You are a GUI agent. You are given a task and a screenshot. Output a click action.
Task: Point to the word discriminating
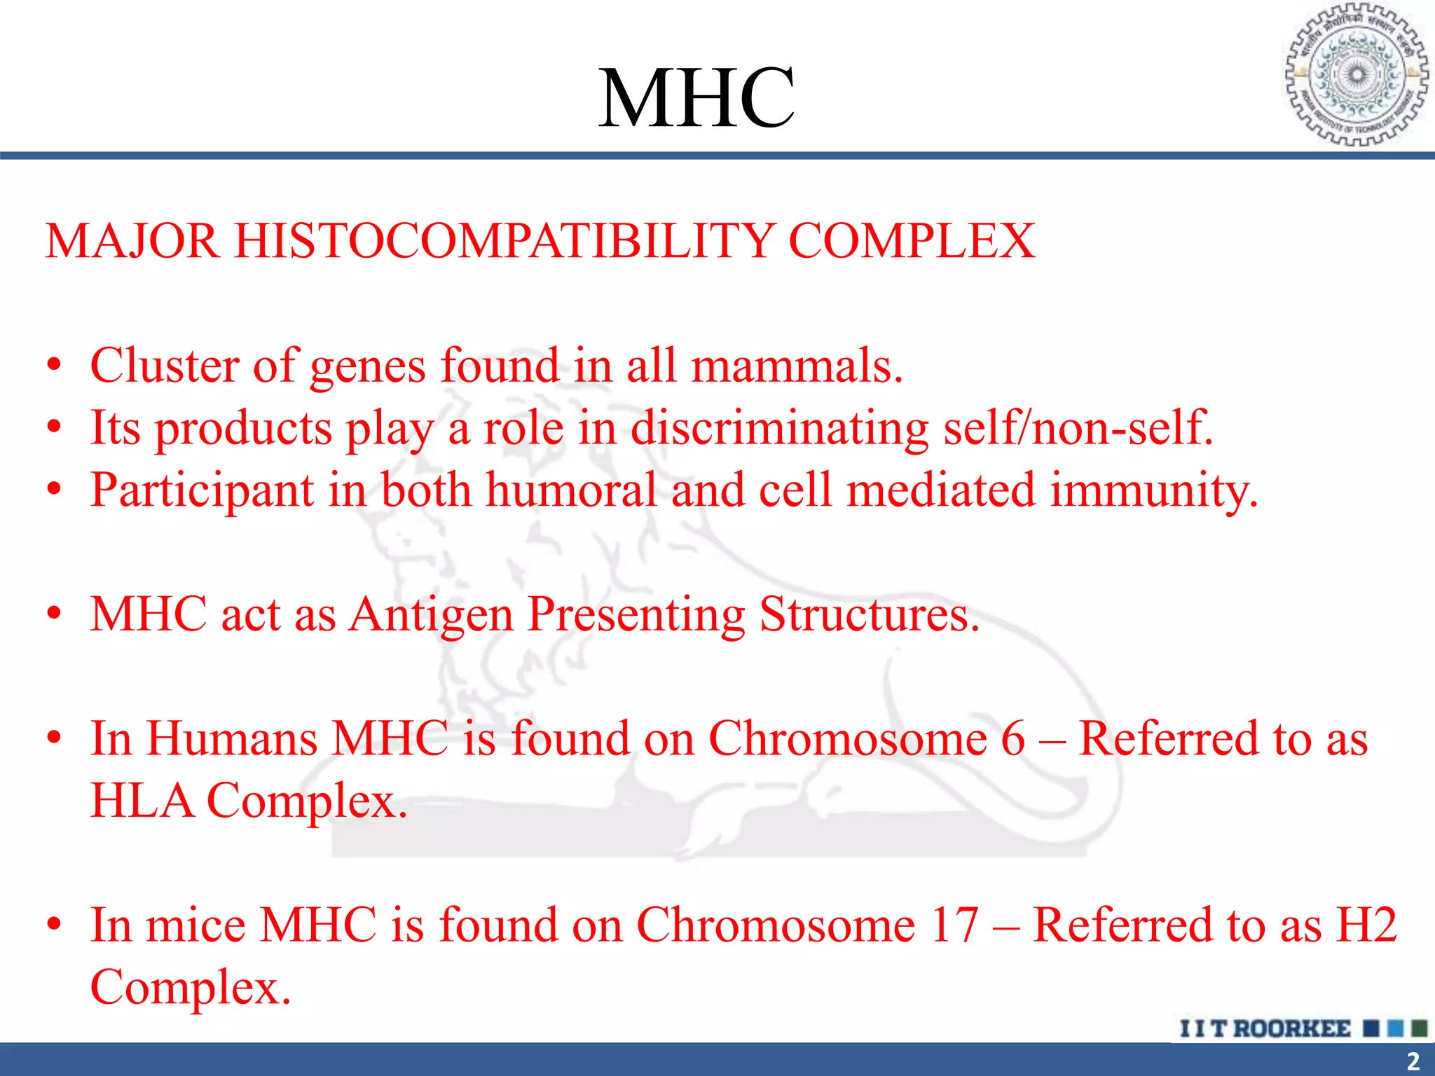pos(779,428)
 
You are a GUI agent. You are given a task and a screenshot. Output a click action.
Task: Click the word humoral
pos(571,490)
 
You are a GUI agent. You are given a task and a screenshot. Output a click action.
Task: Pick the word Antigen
pos(432,614)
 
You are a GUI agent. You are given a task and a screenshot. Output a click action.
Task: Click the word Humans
pos(231,738)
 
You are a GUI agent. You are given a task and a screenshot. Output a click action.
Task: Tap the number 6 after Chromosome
pos(1012,738)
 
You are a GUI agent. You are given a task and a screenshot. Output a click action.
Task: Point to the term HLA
pos(142,801)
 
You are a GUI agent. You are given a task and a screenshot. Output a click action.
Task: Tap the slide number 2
pos(1413,1061)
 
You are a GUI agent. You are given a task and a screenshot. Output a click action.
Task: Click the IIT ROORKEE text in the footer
pos(1265,1028)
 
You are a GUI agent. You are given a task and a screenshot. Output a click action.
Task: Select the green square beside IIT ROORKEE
pos(1419,1028)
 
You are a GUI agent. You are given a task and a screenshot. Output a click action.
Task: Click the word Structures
pos(869,614)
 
